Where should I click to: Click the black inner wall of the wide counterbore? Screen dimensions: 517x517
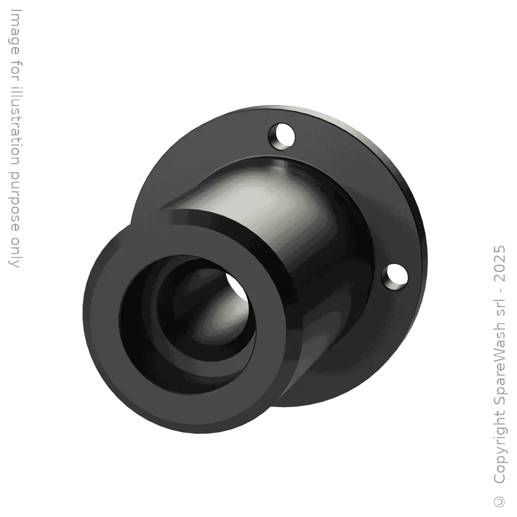(x=140, y=331)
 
